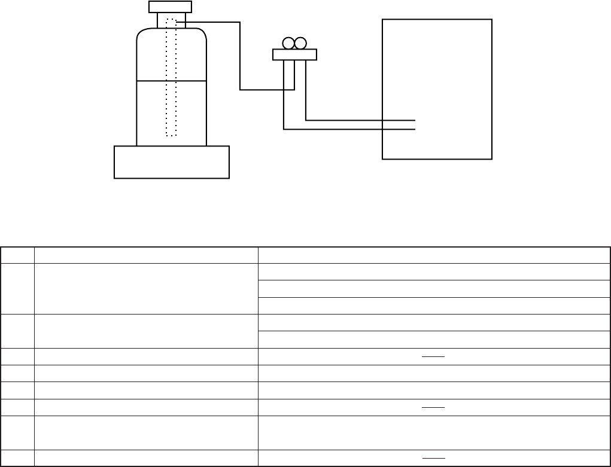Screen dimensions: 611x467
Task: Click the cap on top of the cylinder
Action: tap(170, 7)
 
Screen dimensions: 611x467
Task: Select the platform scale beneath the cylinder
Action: tap(171, 162)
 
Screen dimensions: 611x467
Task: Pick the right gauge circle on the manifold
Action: tap(300, 44)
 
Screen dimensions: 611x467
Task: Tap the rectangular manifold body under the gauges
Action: tap(294, 55)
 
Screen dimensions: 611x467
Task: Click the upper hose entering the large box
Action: tap(359, 120)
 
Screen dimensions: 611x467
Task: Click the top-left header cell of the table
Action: tap(17, 255)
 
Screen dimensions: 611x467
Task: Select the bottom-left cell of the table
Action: tap(17, 457)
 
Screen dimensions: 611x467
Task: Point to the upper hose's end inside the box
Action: tap(414, 120)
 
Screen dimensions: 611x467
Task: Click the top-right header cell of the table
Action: tap(433, 255)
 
